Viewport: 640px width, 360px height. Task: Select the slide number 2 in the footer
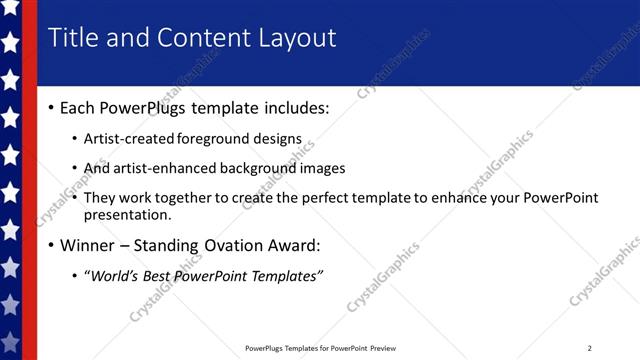589,348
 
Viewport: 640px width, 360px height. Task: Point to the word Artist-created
130,138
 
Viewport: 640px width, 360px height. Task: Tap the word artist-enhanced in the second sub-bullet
167,168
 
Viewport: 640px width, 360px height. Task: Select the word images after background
323,168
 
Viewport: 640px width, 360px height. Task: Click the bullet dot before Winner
51,245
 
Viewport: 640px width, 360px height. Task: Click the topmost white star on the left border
10,9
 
